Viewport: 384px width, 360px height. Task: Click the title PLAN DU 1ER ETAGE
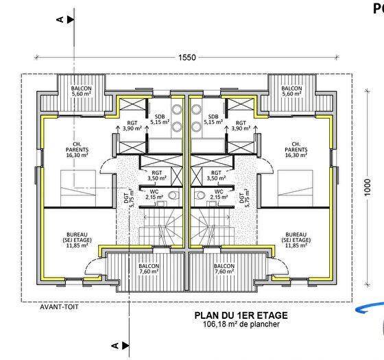[x=241, y=315]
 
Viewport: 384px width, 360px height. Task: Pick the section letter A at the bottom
[x=116, y=344]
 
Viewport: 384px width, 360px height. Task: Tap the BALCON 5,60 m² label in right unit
[x=291, y=91]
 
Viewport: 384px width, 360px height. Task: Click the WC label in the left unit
[x=154, y=192]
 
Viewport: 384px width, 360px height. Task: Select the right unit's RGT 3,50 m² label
[x=215, y=176]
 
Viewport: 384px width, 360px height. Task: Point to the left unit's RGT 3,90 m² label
[x=132, y=125]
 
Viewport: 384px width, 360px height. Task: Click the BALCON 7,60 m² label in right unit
[x=224, y=269]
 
